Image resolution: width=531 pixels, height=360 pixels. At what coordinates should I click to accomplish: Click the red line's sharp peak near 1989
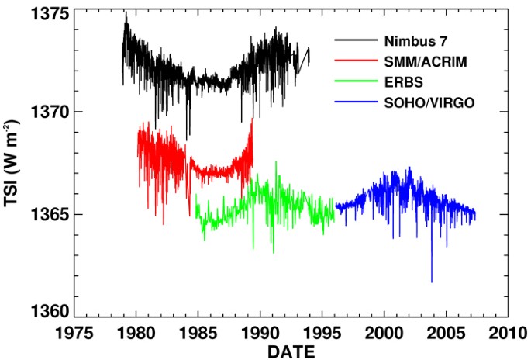tap(252, 119)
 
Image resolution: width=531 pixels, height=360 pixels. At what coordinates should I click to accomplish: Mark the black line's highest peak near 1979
tap(126, 12)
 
